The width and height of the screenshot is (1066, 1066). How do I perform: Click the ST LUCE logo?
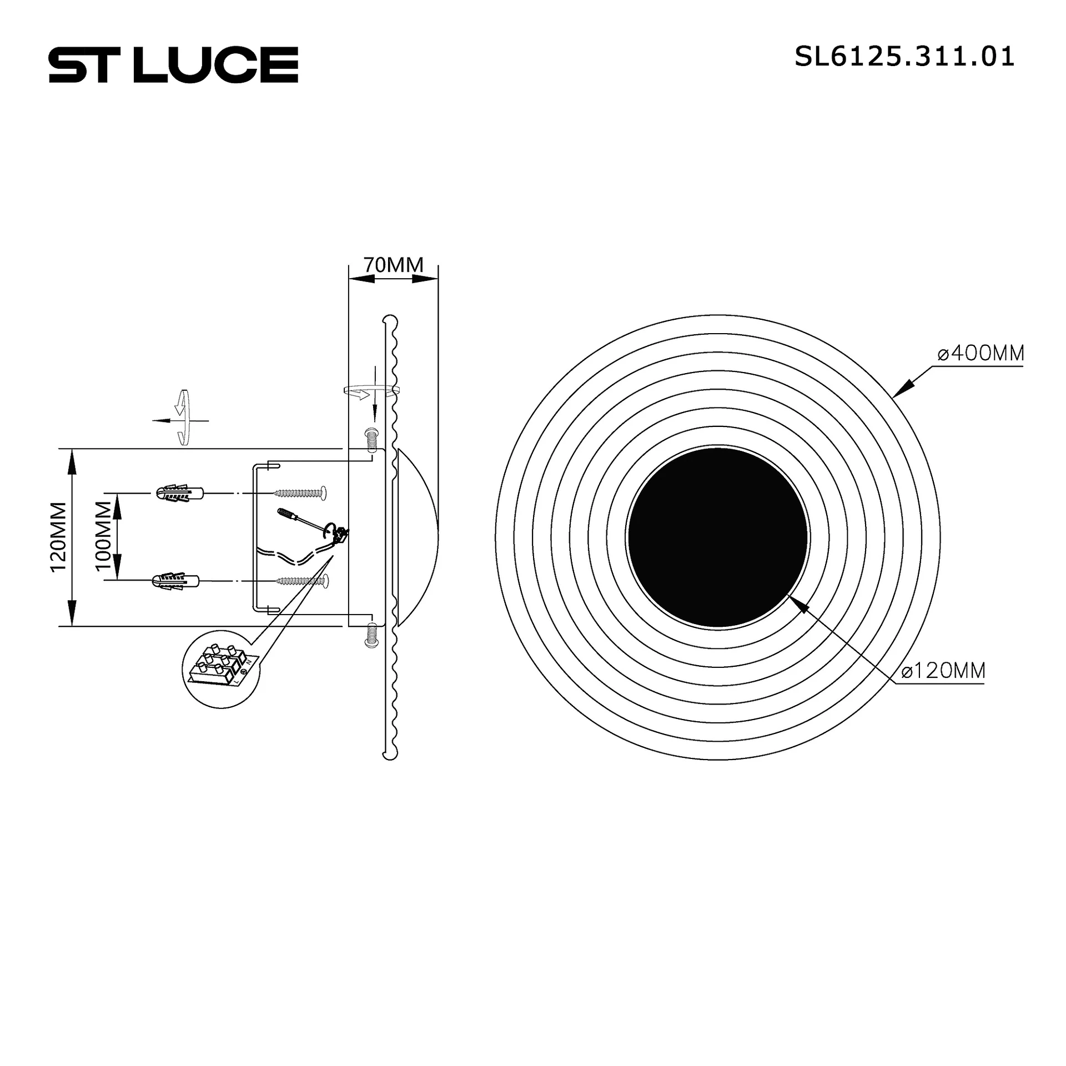pyautogui.click(x=173, y=64)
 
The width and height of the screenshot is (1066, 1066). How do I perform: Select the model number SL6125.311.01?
pyautogui.click(x=904, y=57)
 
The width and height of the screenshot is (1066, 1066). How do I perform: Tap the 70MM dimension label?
pyautogui.click(x=394, y=265)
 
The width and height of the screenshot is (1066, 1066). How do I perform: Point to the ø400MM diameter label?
pyautogui.click(x=980, y=353)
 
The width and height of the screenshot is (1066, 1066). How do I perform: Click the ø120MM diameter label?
pyautogui.click(x=943, y=671)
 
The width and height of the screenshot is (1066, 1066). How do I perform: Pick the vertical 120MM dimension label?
pyautogui.click(x=58, y=536)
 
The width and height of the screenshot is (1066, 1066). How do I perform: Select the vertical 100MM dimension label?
pyautogui.click(x=103, y=536)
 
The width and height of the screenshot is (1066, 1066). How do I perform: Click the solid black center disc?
pyautogui.click(x=717, y=537)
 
